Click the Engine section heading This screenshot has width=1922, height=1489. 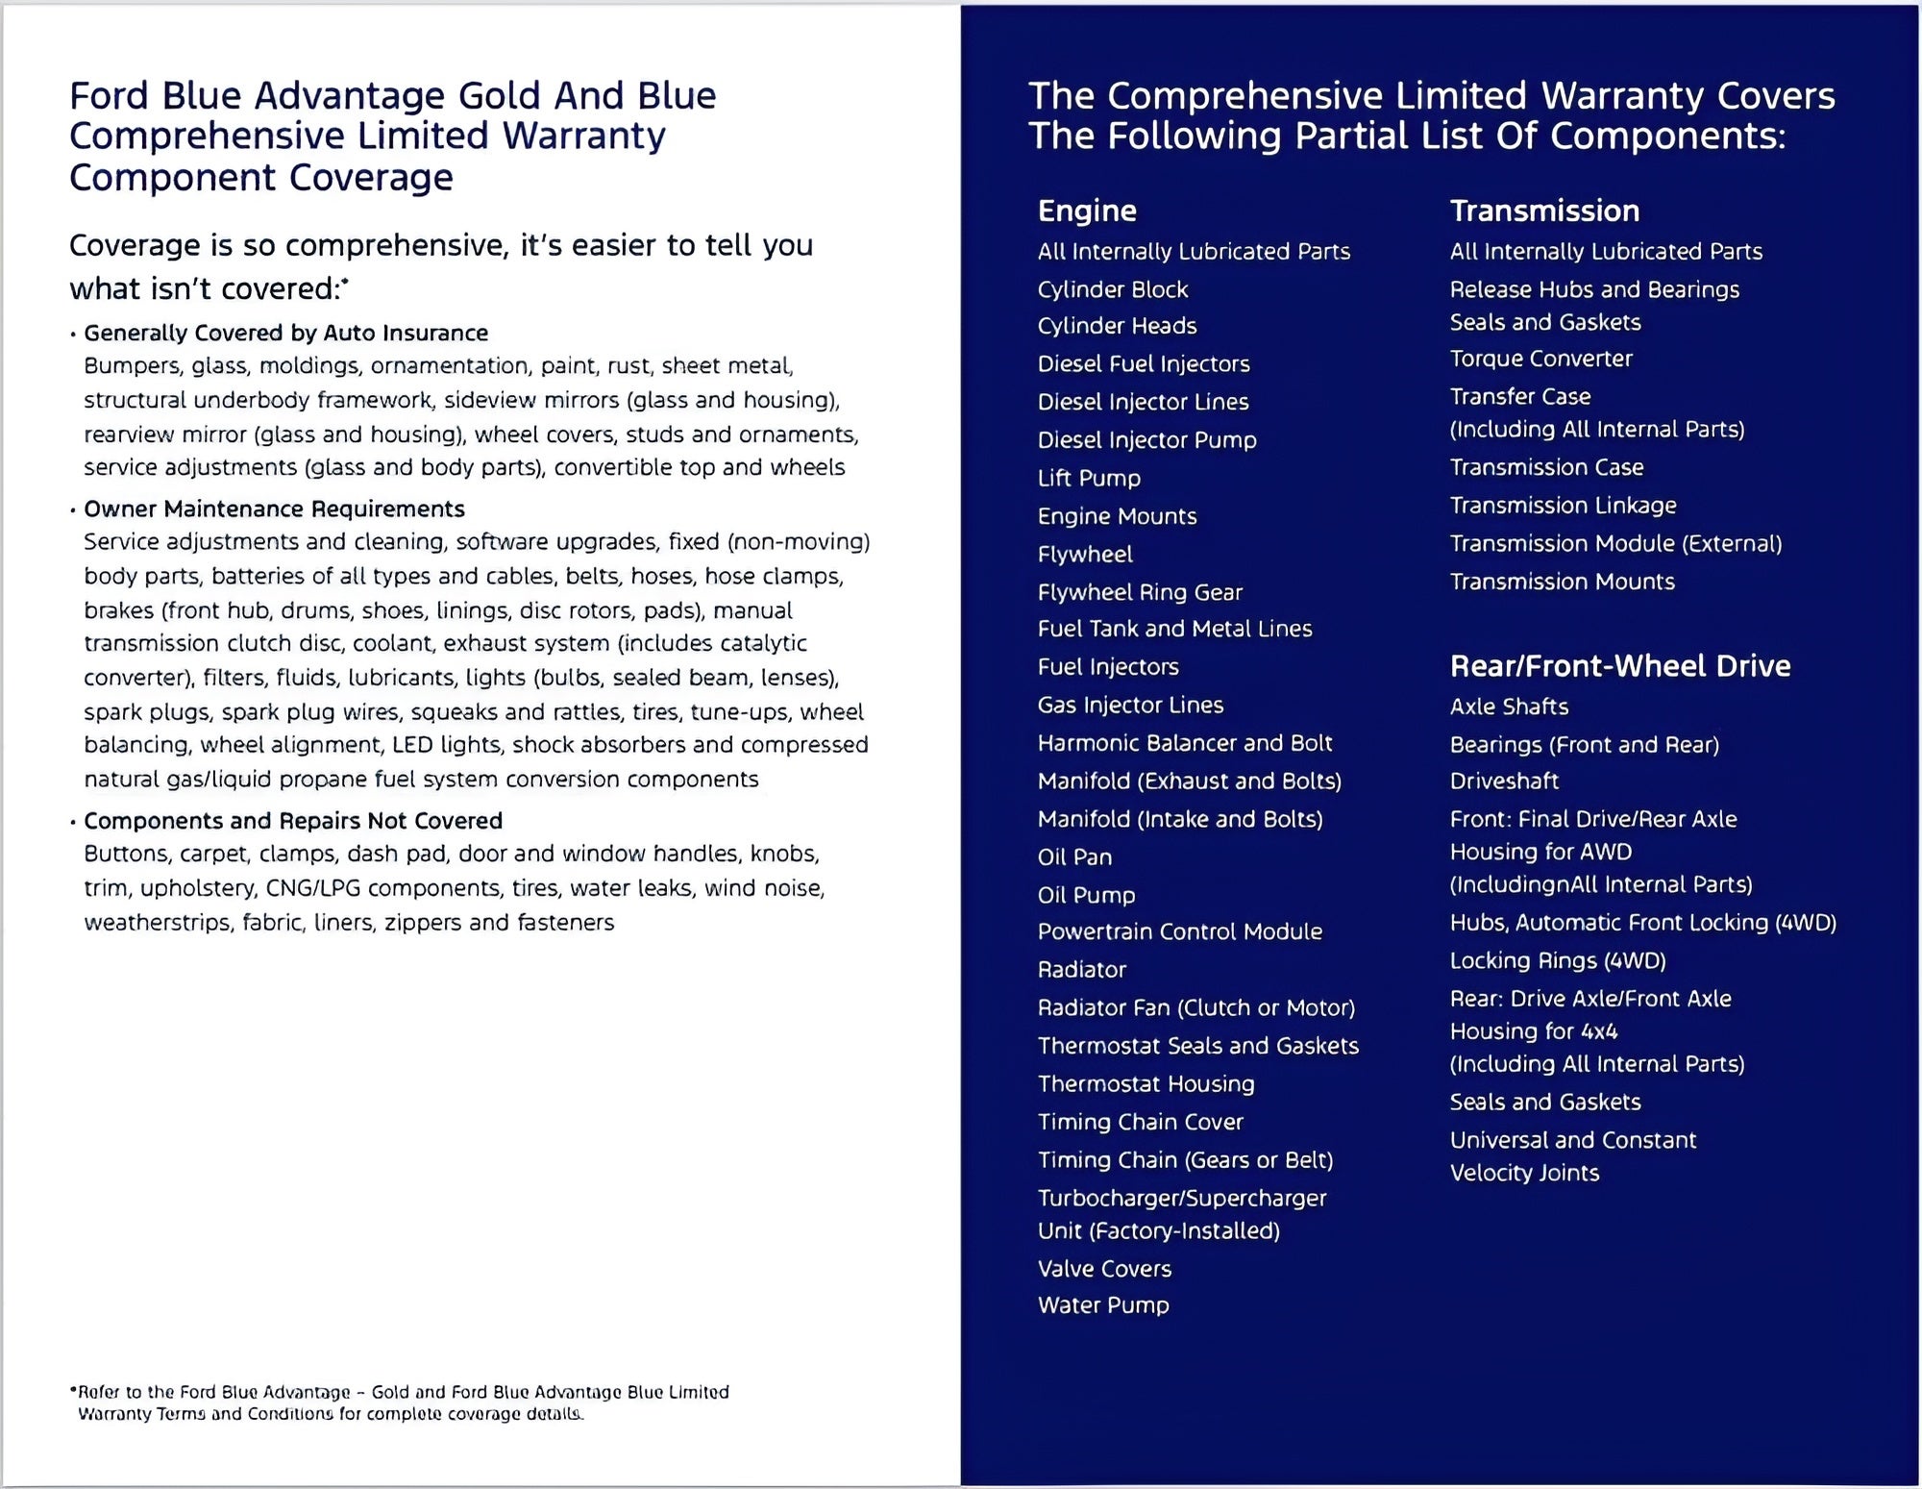click(x=1087, y=211)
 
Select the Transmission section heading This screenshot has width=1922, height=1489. click(x=1544, y=211)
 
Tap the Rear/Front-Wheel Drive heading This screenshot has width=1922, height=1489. click(x=1619, y=665)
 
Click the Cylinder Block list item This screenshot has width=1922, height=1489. click(x=1112, y=289)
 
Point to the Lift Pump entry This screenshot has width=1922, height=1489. click(x=1089, y=478)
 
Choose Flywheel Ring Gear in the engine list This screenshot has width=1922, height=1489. click(x=1140, y=592)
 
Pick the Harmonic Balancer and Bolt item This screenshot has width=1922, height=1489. click(x=1184, y=743)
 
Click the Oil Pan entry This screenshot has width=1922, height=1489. click(x=1074, y=856)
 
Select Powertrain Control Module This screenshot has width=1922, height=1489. click(x=1179, y=931)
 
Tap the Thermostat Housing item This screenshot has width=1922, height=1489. click(x=1146, y=1084)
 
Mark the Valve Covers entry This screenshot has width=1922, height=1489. click(x=1104, y=1269)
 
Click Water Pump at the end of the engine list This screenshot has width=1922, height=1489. click(x=1103, y=1305)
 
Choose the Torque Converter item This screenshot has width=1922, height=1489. click(x=1540, y=359)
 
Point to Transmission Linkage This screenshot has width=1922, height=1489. click(x=1563, y=506)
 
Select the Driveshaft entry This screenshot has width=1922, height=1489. click(x=1504, y=781)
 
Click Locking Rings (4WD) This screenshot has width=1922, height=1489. click(x=1557, y=960)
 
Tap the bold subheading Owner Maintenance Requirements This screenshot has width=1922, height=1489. click(x=274, y=509)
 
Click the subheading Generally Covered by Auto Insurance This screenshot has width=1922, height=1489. click(x=285, y=333)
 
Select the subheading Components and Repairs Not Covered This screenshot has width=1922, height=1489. click(x=292, y=821)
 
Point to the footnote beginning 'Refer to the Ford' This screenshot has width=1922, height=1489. click(x=402, y=1402)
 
